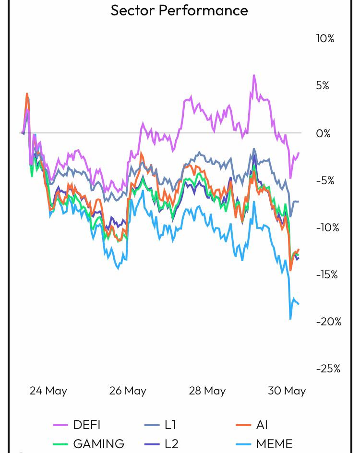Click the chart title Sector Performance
pos(179,10)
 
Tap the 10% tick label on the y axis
pos(325,38)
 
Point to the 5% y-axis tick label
pos(322,85)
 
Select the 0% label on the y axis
pos(323,133)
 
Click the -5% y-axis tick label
pos(325,180)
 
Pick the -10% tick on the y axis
pos(327,227)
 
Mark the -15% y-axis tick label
pos(327,274)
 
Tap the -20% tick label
pos(328,322)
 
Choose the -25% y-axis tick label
pos(328,369)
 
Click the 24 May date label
pos(48,391)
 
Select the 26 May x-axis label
pos(128,391)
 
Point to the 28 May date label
pos(207,391)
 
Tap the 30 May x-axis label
pos(287,391)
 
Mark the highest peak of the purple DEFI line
pos(254,76)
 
